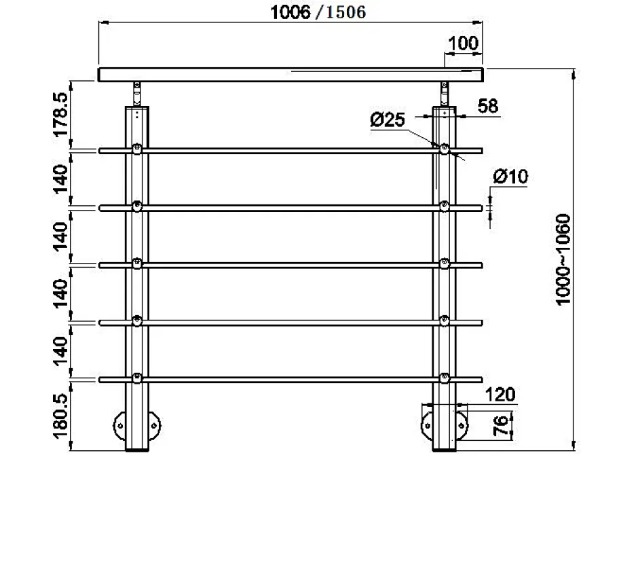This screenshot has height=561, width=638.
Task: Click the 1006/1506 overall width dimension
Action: coord(318,12)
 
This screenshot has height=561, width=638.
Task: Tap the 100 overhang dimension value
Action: coord(464,43)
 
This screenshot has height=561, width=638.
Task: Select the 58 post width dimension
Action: coord(487,106)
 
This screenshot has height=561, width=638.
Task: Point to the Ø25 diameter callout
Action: coord(388,120)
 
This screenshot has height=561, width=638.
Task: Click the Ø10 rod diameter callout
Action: coord(510,177)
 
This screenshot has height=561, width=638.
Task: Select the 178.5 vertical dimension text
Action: coord(61,114)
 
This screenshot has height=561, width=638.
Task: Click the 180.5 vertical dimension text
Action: coord(61,416)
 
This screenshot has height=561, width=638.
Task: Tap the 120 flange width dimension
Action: coord(501,394)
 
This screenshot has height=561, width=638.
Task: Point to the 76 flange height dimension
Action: coord(500,425)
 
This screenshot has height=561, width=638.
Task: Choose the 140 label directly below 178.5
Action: coord(61,178)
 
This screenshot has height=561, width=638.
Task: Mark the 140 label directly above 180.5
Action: coord(61,350)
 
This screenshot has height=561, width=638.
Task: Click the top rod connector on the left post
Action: coord(137,149)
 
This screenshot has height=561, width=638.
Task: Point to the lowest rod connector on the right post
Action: coord(445,378)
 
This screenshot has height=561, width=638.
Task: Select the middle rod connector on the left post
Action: coord(137,264)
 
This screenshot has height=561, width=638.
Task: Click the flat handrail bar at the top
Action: coord(292,74)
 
